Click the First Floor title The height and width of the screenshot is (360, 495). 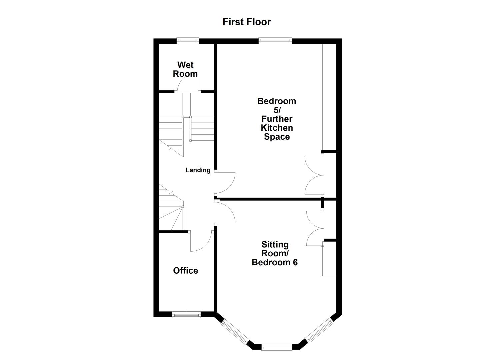click(247, 22)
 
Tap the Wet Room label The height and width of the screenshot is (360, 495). click(185, 69)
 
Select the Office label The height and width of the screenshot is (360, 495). click(185, 271)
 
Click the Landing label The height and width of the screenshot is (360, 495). click(198, 170)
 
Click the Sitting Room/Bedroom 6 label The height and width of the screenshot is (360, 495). click(275, 254)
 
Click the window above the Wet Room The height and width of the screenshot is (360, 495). click(188, 41)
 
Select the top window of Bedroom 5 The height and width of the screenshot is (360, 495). click(275, 41)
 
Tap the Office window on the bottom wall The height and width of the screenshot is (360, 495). click(186, 314)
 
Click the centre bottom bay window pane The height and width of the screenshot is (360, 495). click(277, 348)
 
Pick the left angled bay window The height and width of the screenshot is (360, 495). click(235, 332)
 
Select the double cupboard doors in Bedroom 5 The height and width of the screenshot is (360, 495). click(314, 175)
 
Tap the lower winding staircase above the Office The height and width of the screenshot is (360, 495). click(171, 210)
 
